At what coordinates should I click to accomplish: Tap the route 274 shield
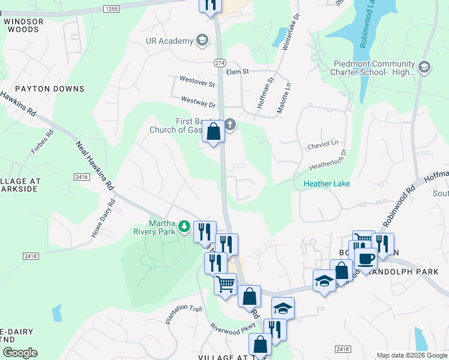220,62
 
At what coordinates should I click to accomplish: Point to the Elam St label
237,71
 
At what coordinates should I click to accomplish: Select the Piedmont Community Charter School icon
426,67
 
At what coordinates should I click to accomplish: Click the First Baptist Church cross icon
230,125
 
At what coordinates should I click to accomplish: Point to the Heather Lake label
326,184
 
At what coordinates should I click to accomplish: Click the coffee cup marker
365,259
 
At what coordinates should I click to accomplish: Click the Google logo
20,352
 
